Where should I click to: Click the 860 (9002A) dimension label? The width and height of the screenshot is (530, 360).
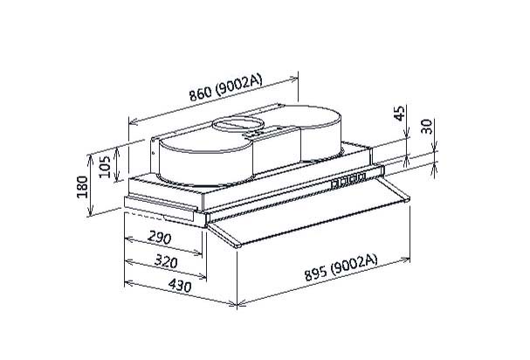point(225,88)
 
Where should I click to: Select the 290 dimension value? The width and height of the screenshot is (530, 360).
point(160,239)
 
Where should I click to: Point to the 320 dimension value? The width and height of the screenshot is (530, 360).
point(166,261)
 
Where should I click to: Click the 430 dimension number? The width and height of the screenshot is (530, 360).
point(180,286)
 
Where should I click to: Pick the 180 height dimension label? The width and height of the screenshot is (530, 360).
point(82,187)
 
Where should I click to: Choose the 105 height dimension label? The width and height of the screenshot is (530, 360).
point(105,167)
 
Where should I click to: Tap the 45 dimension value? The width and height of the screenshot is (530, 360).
point(399,114)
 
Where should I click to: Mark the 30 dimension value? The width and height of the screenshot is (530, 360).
point(427,127)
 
